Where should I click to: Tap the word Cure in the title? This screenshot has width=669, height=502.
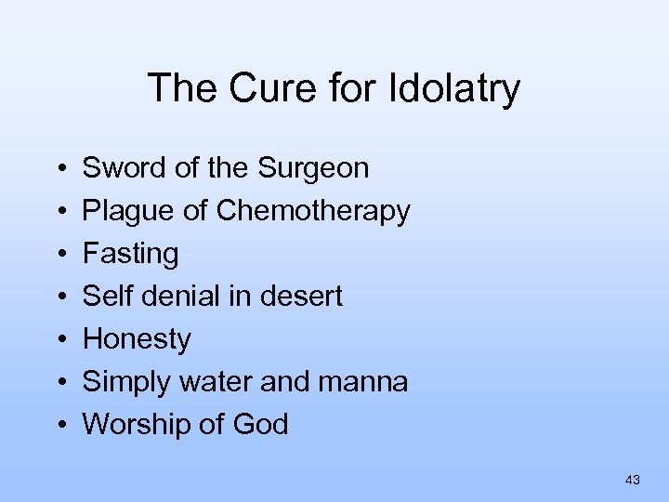click(259, 89)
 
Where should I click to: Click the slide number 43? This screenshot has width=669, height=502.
click(633, 480)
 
